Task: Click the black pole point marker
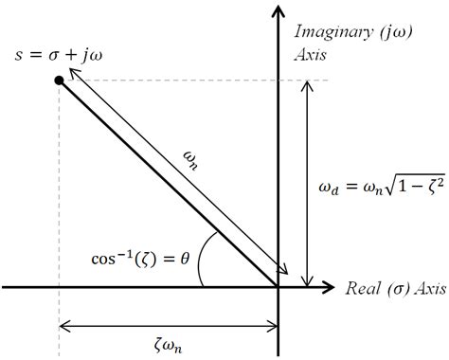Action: [x=60, y=81]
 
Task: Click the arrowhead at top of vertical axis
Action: [x=278, y=11]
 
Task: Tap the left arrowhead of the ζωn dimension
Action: [x=63, y=328]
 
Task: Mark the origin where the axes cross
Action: [x=278, y=286]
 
